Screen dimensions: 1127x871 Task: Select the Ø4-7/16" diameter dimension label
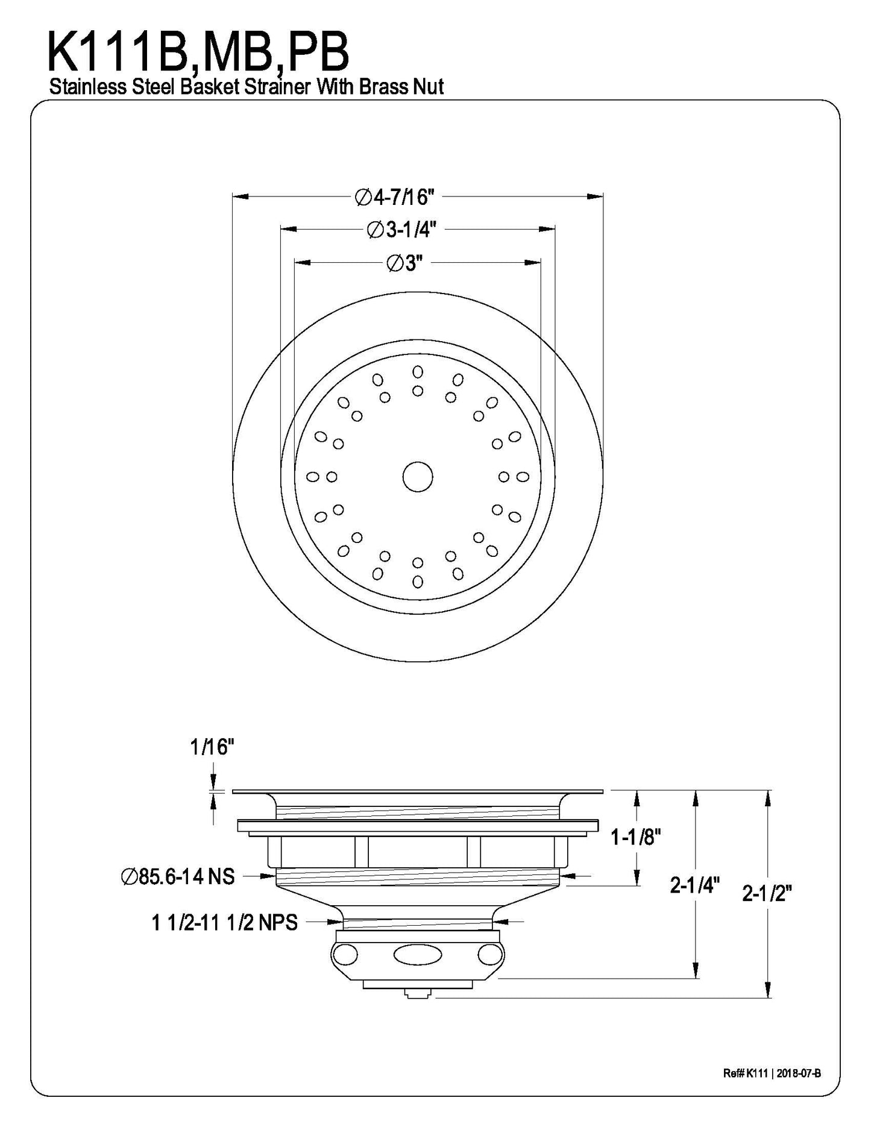click(395, 196)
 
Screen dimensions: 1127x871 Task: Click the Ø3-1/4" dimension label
click(401, 230)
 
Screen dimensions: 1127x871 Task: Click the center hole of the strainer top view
click(417, 477)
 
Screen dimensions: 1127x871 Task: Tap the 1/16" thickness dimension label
click(212, 748)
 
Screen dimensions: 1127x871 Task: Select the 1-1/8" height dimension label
click(636, 837)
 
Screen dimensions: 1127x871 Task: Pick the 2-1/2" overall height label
click(766, 893)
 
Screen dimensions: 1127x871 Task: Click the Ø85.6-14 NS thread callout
click(177, 876)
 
